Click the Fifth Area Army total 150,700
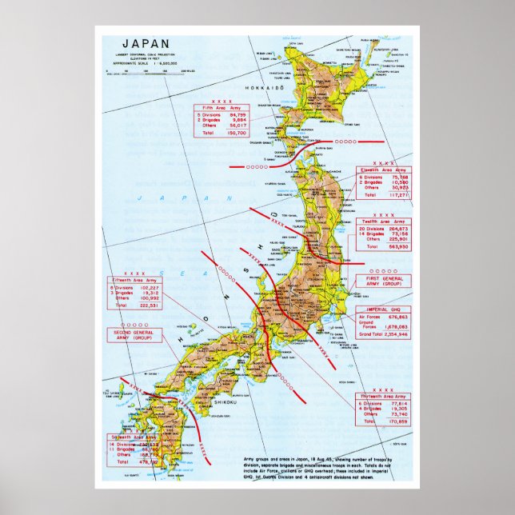[237, 134]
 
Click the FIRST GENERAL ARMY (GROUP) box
[382, 281]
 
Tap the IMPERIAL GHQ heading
[384, 309]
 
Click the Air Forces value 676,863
[397, 317]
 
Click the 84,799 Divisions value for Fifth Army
[237, 115]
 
